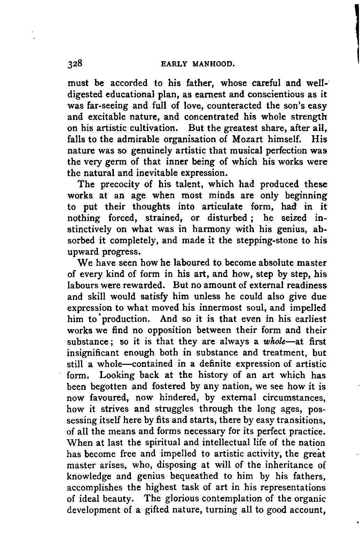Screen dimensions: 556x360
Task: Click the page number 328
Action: tap(75, 64)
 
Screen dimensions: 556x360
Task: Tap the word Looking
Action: tap(117, 375)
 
